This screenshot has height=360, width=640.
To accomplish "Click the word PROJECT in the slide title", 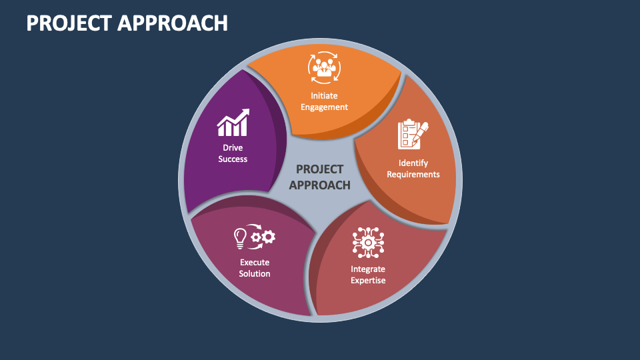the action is click(69, 23).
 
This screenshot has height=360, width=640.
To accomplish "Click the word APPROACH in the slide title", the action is click(173, 23).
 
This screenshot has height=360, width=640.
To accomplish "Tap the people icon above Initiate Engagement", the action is click(324, 68).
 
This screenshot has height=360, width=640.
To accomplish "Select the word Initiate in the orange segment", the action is click(324, 95).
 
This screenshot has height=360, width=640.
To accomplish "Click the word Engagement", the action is click(324, 107).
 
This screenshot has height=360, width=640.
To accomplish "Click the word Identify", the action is click(413, 163).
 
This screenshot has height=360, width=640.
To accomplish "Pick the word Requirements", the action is click(413, 175).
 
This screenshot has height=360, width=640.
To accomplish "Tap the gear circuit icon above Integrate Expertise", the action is click(368, 243).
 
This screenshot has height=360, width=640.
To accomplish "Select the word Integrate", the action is click(368, 269).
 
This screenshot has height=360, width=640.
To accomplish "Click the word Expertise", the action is click(368, 281).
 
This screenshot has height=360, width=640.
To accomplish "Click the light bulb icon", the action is click(240, 239).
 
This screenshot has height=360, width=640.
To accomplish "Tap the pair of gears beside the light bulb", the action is click(263, 237).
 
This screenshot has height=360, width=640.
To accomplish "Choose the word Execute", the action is click(255, 263).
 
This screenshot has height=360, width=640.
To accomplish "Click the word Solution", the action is click(255, 274).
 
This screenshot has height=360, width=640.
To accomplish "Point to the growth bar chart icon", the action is click(233, 123).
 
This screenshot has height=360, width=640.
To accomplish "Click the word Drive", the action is click(233, 148).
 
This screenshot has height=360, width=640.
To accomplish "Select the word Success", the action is click(233, 159).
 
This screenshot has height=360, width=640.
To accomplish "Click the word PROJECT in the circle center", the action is click(319, 169).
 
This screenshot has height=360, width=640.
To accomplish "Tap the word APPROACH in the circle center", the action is click(319, 185).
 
